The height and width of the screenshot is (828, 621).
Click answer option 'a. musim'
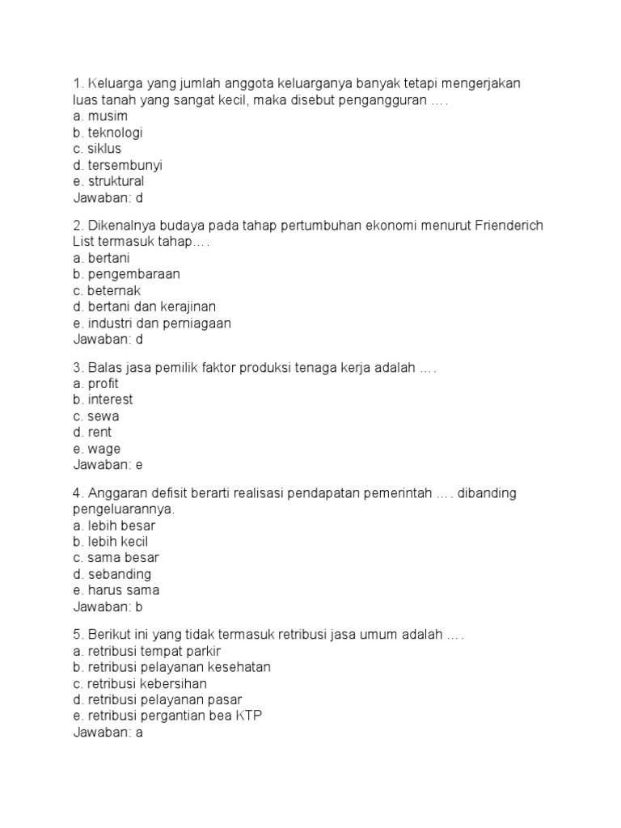[x=100, y=116]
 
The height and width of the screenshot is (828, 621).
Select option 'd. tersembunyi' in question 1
[x=117, y=165]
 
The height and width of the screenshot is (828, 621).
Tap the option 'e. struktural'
[x=108, y=181]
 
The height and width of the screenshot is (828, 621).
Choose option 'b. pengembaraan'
[x=126, y=274]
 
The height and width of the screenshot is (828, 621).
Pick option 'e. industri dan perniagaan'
[x=152, y=323]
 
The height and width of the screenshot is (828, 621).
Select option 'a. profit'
[x=95, y=383]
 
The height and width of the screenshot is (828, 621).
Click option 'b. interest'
[x=103, y=399]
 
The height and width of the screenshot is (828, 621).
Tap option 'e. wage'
[x=96, y=449]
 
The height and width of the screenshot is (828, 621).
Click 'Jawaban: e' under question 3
[x=108, y=465]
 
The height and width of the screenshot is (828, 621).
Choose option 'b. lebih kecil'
[x=110, y=542]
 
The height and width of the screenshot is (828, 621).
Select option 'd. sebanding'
[x=112, y=574]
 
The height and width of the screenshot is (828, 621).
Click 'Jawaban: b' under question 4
[x=108, y=606]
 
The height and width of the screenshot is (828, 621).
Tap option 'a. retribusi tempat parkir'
[x=146, y=651]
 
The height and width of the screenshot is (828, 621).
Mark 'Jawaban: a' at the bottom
[x=108, y=733]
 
